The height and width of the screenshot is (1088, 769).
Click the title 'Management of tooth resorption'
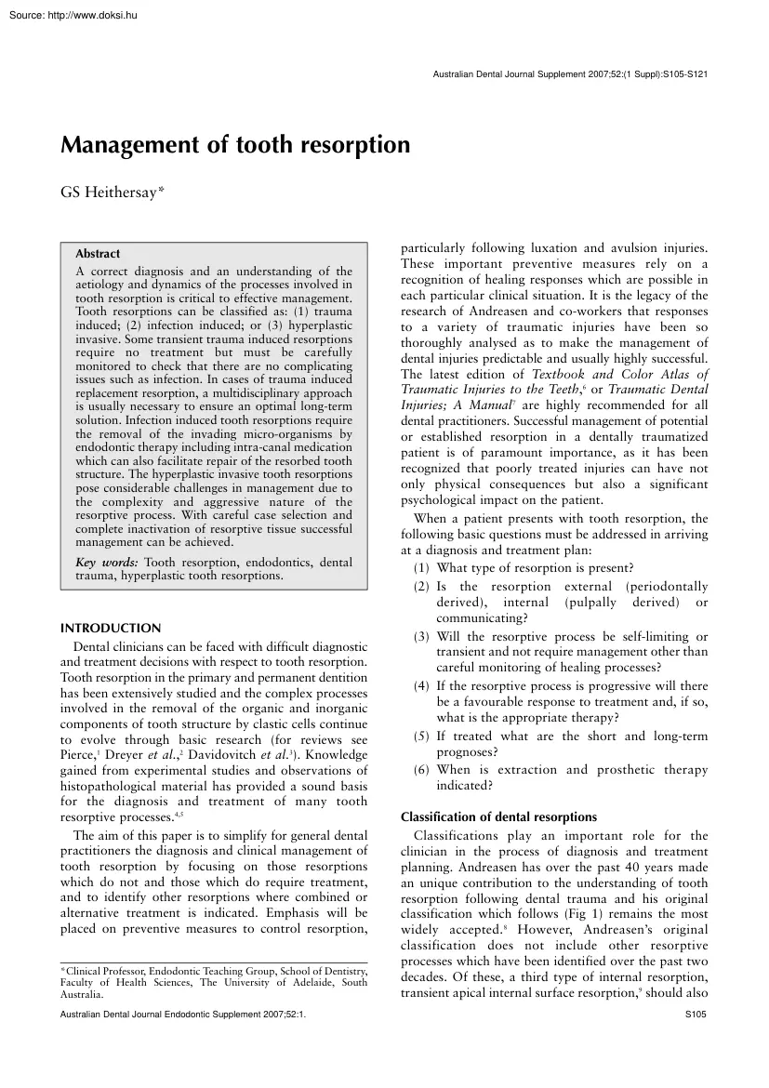click(235, 145)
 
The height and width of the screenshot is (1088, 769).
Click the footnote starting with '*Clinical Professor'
click(213, 971)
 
